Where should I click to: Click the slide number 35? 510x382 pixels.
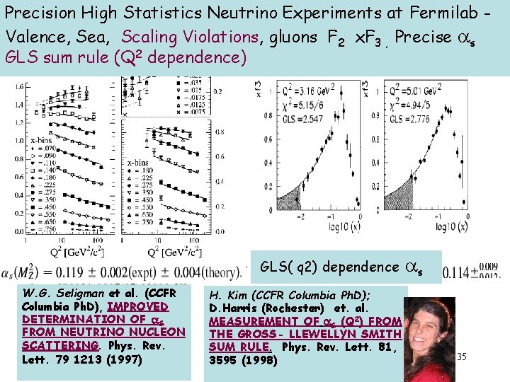(461, 356)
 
